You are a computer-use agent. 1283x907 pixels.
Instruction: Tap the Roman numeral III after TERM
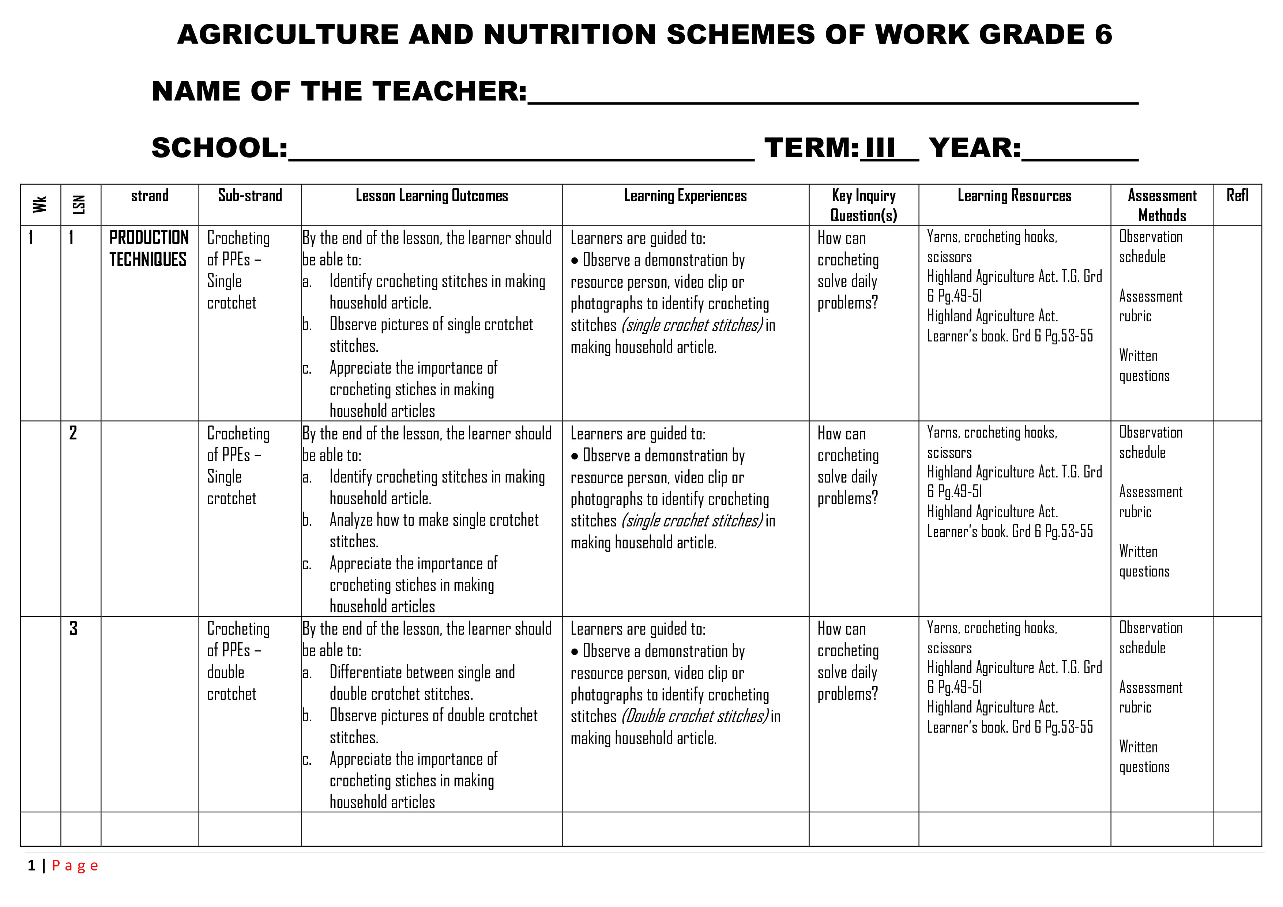click(880, 148)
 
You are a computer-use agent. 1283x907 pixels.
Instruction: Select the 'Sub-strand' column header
click(250, 196)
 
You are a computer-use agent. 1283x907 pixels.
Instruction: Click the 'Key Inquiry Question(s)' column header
click(864, 205)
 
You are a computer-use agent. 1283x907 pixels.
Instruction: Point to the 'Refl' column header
click(1237, 196)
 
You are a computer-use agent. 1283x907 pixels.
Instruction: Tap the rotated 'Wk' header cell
click(39, 204)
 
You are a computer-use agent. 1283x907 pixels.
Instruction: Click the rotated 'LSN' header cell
click(79, 204)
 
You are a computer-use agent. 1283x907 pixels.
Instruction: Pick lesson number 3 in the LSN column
click(73, 628)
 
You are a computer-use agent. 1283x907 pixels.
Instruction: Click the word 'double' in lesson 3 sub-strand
click(226, 672)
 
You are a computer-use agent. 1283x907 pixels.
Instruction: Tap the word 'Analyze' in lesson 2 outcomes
click(350, 520)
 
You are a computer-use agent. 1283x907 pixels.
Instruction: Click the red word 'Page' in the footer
click(75, 866)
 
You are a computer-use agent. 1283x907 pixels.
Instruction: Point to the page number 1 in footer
click(32, 866)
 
